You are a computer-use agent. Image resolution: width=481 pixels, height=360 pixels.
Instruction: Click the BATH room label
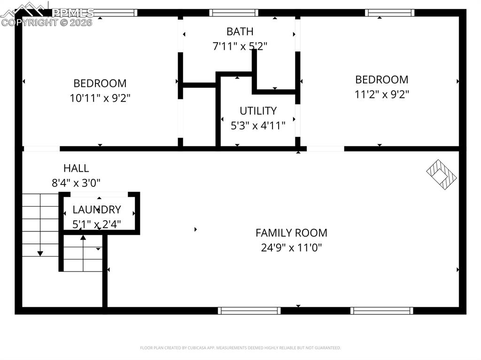point(240,31)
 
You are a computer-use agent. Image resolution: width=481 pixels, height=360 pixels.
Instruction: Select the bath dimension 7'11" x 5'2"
point(240,46)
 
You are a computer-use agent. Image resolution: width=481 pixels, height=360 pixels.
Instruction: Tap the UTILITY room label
point(258,111)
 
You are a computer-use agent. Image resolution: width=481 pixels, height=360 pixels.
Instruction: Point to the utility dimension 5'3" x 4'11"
point(258,126)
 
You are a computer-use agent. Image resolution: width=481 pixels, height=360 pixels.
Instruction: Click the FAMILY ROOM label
point(291,232)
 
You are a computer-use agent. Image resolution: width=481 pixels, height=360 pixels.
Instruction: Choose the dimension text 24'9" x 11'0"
point(291,247)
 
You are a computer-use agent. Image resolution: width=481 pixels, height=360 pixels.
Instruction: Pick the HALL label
point(76,168)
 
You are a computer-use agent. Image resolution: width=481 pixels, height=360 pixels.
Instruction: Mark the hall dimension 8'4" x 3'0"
point(76,183)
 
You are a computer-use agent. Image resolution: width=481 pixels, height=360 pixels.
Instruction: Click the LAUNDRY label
point(97,210)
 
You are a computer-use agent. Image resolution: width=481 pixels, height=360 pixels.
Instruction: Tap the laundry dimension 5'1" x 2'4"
point(97,224)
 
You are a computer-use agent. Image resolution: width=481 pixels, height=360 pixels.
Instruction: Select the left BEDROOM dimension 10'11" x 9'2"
point(100,98)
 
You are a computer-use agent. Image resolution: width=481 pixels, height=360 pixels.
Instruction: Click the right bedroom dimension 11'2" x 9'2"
point(381,94)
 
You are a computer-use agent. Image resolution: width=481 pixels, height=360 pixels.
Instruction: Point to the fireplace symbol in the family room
point(442,174)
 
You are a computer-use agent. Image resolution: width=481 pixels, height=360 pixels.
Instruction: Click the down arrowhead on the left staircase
point(40,253)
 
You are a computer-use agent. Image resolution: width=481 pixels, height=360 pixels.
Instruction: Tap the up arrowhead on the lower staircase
point(83,237)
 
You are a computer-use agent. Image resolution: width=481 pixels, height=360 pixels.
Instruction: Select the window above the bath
point(233,13)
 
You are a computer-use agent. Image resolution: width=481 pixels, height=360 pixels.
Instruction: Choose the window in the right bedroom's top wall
point(390,13)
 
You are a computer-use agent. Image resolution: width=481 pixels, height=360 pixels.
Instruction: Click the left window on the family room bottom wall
point(249,310)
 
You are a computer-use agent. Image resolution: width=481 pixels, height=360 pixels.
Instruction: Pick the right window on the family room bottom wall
point(382,310)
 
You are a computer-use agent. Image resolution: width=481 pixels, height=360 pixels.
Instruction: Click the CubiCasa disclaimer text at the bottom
point(240,348)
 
